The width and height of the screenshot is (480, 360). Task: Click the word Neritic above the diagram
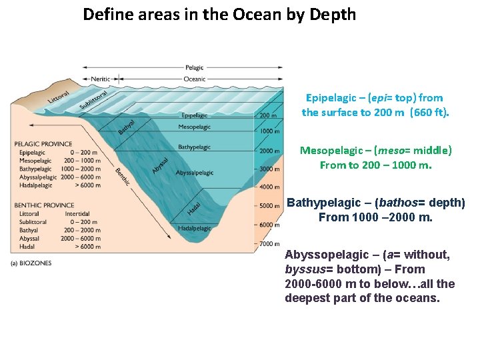(x=101, y=79)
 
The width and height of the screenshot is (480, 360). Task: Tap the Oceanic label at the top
(x=195, y=79)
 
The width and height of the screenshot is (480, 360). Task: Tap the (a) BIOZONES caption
(x=31, y=263)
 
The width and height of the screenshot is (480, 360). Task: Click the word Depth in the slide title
(x=332, y=14)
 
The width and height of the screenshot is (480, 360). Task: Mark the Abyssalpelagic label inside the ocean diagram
(x=195, y=173)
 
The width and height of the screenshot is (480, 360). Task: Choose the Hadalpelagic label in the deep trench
(x=195, y=228)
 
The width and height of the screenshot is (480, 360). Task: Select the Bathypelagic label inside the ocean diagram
(x=194, y=147)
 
